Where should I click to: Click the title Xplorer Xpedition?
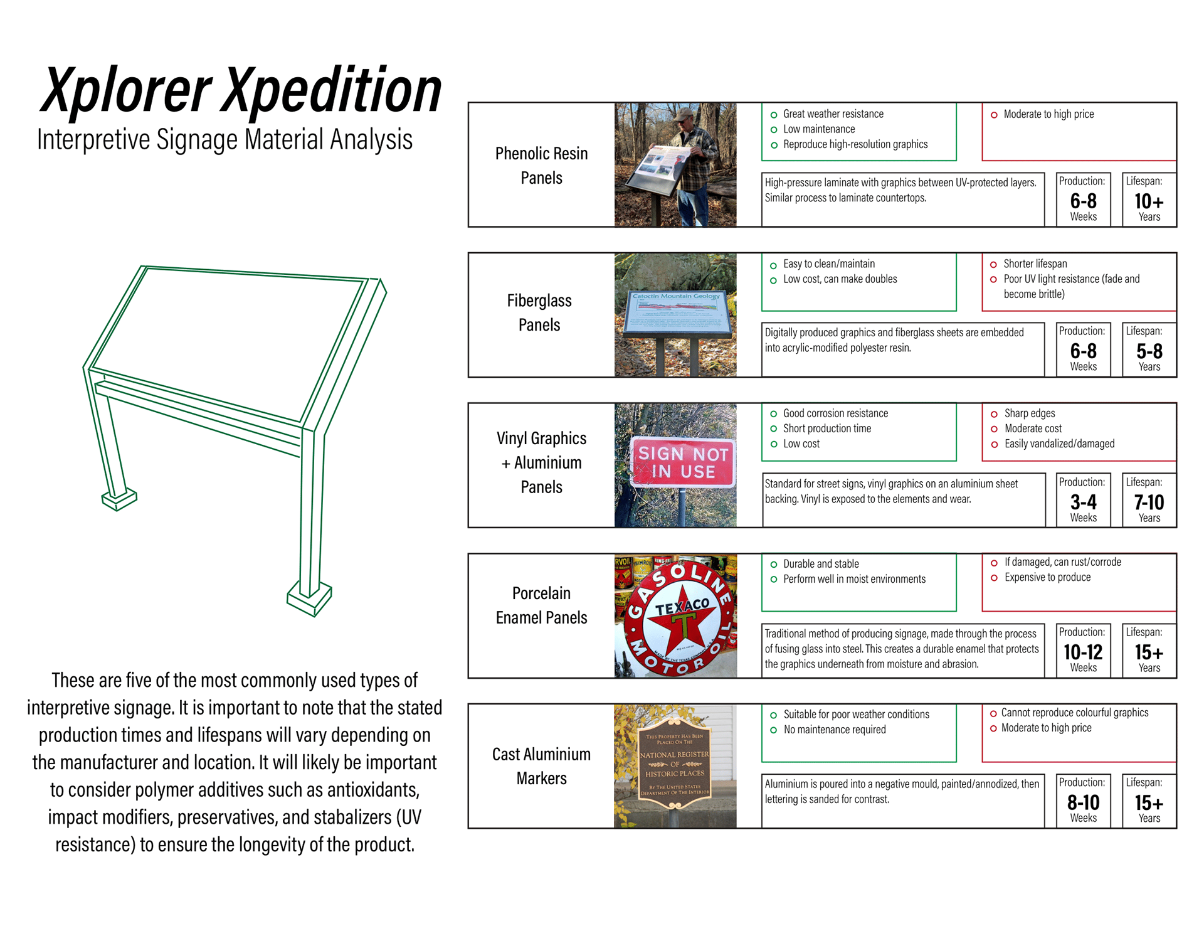241,91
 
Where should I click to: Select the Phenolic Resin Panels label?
541,166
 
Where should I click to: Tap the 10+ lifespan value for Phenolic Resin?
1149,201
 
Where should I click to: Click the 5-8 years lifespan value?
1149,351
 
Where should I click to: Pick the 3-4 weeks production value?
1083,503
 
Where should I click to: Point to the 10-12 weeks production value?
1083,652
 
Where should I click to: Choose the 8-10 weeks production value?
1083,803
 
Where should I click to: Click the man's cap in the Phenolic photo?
684,114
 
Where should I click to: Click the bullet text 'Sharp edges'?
1030,413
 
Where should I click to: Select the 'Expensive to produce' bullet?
1047,577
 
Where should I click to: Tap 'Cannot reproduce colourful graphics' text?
1075,713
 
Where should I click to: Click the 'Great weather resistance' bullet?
833,114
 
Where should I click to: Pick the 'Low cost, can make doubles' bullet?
840,279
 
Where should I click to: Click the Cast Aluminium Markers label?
541,766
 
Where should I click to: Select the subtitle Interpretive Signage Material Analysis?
224,140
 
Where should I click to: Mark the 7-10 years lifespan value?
1149,503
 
